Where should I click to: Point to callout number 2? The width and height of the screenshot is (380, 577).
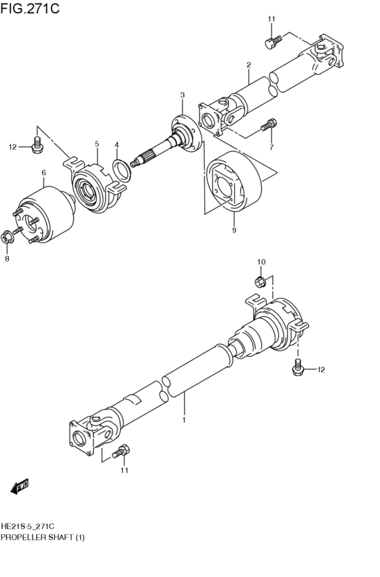pos(249,65)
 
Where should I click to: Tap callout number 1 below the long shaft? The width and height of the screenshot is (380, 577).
pos(183,420)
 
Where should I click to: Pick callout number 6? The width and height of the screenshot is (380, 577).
pos(43,174)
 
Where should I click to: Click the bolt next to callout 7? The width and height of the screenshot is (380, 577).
pos(268,125)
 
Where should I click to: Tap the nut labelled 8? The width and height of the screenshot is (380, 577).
pos(8,237)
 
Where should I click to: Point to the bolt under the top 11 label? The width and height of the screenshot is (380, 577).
pos(271,42)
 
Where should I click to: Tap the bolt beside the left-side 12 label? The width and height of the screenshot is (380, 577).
pos(37,144)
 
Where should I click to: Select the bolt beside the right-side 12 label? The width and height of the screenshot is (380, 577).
pos(297,368)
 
